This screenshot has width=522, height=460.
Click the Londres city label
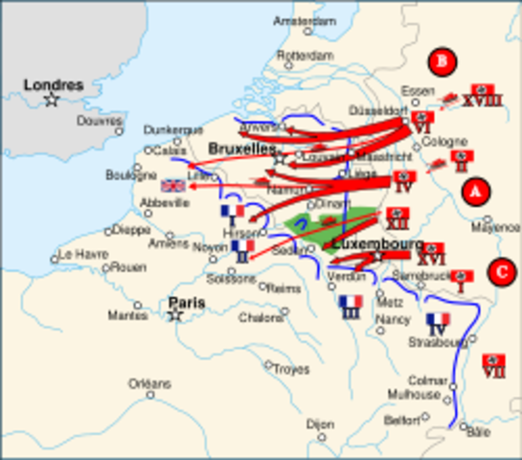pyautogui.click(x=53, y=84)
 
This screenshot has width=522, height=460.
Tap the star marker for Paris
pyautogui.click(x=175, y=315)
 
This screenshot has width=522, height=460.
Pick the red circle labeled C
pyautogui.click(x=500, y=271)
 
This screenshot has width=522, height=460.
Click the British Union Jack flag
pyautogui.click(x=173, y=186)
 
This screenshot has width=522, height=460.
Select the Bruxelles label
pyautogui.click(x=241, y=149)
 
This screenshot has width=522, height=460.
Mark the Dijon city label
pyautogui.click(x=320, y=423)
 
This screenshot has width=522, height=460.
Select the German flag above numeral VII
pyautogui.click(x=494, y=356)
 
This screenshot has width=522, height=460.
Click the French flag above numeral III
pyautogui.click(x=350, y=301)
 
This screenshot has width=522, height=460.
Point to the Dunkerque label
pyautogui.click(x=173, y=129)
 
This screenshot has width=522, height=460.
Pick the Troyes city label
pyautogui.click(x=291, y=369)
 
